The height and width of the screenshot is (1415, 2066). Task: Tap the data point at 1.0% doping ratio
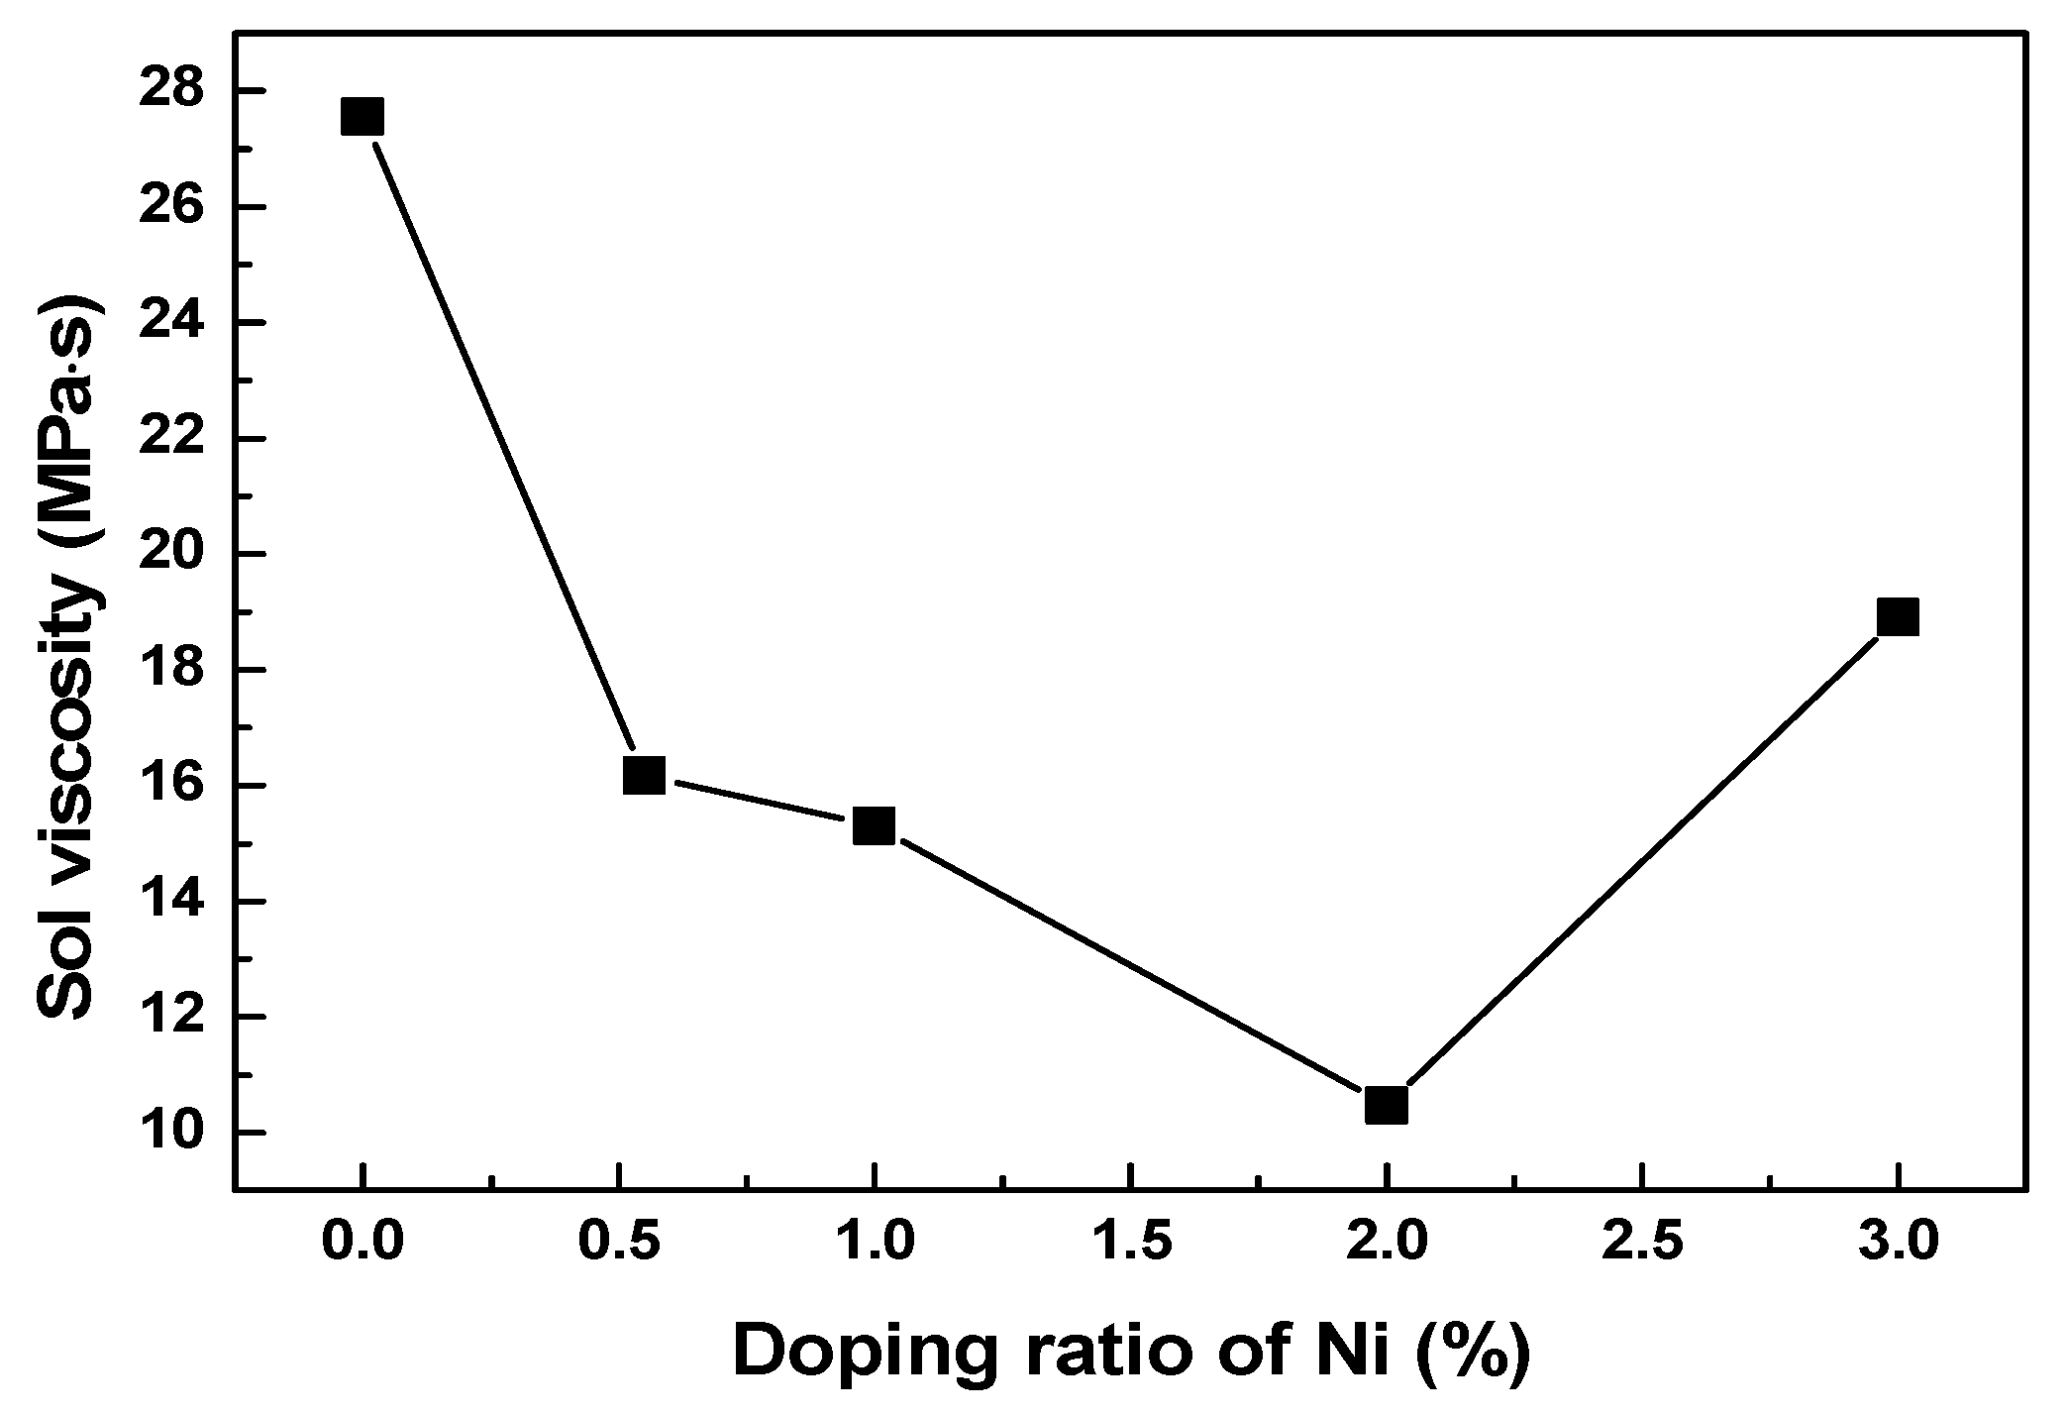[x=874, y=824]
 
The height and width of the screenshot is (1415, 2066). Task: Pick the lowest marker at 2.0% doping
[x=1386, y=1104]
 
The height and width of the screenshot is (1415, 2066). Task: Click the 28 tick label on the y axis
[x=173, y=91]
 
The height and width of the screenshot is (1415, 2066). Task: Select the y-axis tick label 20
[x=173, y=555]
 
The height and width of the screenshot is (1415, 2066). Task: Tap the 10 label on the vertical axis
[x=173, y=1134]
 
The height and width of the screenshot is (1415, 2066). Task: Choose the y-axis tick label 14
[x=173, y=902]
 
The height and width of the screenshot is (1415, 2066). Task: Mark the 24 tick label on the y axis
[x=173, y=323]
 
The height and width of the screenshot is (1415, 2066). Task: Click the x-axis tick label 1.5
[x=1129, y=1244]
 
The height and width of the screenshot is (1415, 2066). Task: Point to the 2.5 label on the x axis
[x=1642, y=1244]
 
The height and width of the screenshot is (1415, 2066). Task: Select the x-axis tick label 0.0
[x=362, y=1244]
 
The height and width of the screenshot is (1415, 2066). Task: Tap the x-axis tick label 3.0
[x=1898, y=1244]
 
